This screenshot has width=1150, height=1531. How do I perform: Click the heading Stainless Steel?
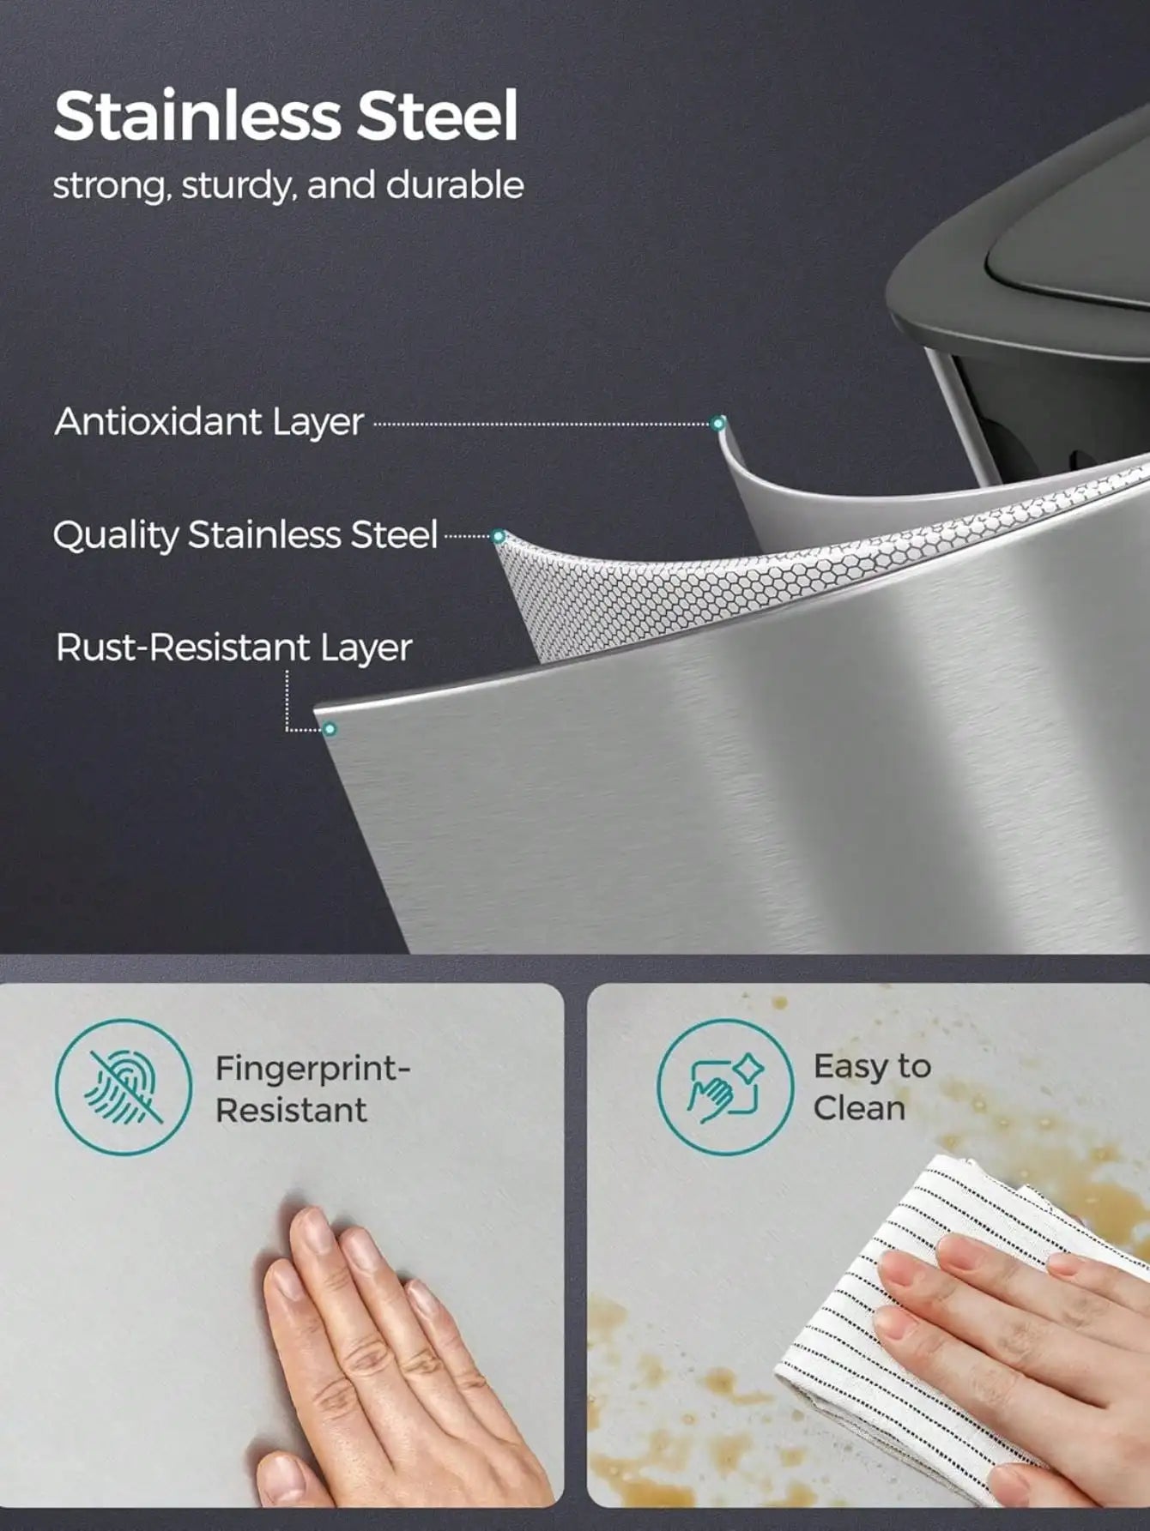click(x=287, y=117)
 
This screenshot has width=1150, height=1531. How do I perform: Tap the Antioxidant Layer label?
click(x=209, y=422)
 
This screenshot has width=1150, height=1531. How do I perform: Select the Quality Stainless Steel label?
click(x=245, y=535)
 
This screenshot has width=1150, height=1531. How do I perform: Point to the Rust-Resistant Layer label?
click(x=233, y=648)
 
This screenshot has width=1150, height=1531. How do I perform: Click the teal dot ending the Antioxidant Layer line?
click(x=718, y=423)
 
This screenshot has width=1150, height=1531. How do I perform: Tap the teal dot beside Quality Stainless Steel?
click(x=499, y=537)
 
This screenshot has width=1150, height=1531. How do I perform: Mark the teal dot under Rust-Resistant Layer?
click(x=330, y=730)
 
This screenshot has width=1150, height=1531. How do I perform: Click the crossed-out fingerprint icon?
click(x=124, y=1088)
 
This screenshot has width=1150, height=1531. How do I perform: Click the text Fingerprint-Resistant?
click(x=313, y=1089)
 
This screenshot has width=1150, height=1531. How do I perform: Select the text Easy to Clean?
click(x=872, y=1087)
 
